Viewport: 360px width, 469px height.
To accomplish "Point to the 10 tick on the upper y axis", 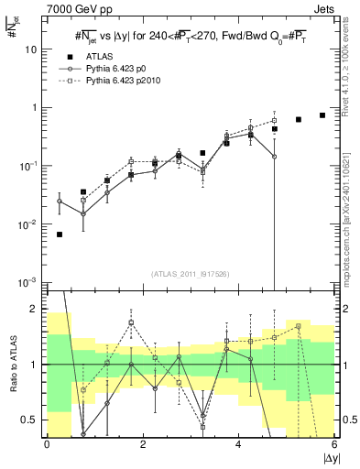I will click(x=32, y=49).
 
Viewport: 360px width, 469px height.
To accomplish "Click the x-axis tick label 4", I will click(x=238, y=444).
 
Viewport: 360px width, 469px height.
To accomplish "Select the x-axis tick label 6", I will click(x=334, y=444).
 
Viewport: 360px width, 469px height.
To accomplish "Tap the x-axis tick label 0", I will click(x=47, y=444).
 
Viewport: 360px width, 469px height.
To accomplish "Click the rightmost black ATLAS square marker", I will click(x=322, y=115).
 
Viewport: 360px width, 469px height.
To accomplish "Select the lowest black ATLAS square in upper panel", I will click(x=60, y=234).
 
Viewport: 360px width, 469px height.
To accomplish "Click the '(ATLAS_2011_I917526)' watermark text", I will click(x=190, y=274).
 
